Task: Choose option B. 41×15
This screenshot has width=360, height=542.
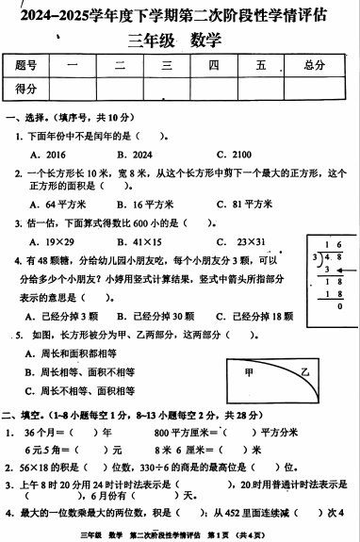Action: [x=139, y=241]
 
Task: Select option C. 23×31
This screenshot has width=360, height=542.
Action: [x=237, y=241]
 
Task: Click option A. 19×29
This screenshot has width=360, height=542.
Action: [x=52, y=241]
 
